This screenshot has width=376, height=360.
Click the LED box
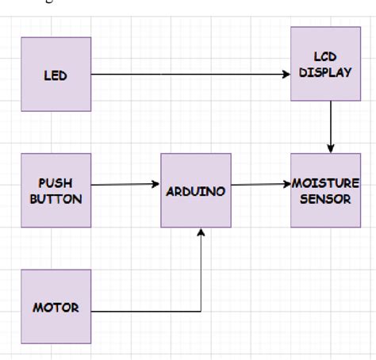(56, 75)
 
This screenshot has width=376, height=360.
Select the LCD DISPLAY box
(320, 63)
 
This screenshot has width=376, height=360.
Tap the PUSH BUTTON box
(56, 191)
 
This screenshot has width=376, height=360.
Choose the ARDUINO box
(196, 190)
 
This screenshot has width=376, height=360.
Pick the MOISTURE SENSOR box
(320, 190)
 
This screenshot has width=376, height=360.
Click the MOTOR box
(56, 307)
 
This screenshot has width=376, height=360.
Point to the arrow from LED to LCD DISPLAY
(190, 75)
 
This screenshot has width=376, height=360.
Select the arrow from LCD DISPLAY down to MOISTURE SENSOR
(331, 127)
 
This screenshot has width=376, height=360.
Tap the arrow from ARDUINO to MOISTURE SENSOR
(260, 185)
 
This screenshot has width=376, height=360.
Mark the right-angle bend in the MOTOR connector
(201, 309)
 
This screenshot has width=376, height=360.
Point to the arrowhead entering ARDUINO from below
(201, 232)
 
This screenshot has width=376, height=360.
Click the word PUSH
(56, 183)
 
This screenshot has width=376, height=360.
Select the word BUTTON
(56, 199)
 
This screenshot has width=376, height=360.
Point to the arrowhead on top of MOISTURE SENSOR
(331, 148)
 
